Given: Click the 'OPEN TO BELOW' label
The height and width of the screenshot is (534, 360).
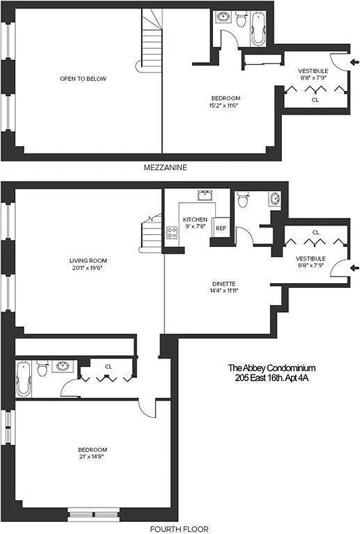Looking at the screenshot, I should point(83,79).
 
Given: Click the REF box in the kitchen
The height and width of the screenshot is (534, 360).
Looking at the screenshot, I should point(220,228).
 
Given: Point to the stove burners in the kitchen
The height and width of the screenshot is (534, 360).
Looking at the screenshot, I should point(171,233).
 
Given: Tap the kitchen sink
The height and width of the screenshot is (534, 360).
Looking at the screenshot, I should point(204,196).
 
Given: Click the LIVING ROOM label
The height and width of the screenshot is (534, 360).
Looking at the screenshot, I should point(88,260).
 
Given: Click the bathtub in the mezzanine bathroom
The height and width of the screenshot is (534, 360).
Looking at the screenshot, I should point(257,27).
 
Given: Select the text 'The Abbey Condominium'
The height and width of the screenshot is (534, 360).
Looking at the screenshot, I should point(271,368).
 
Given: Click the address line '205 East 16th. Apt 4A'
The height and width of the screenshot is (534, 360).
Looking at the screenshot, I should point(271,378).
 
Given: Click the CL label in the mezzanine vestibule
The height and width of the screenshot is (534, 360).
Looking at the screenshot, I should point(315,100).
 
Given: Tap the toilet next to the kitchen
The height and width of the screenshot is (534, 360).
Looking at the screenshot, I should point(242,198).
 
